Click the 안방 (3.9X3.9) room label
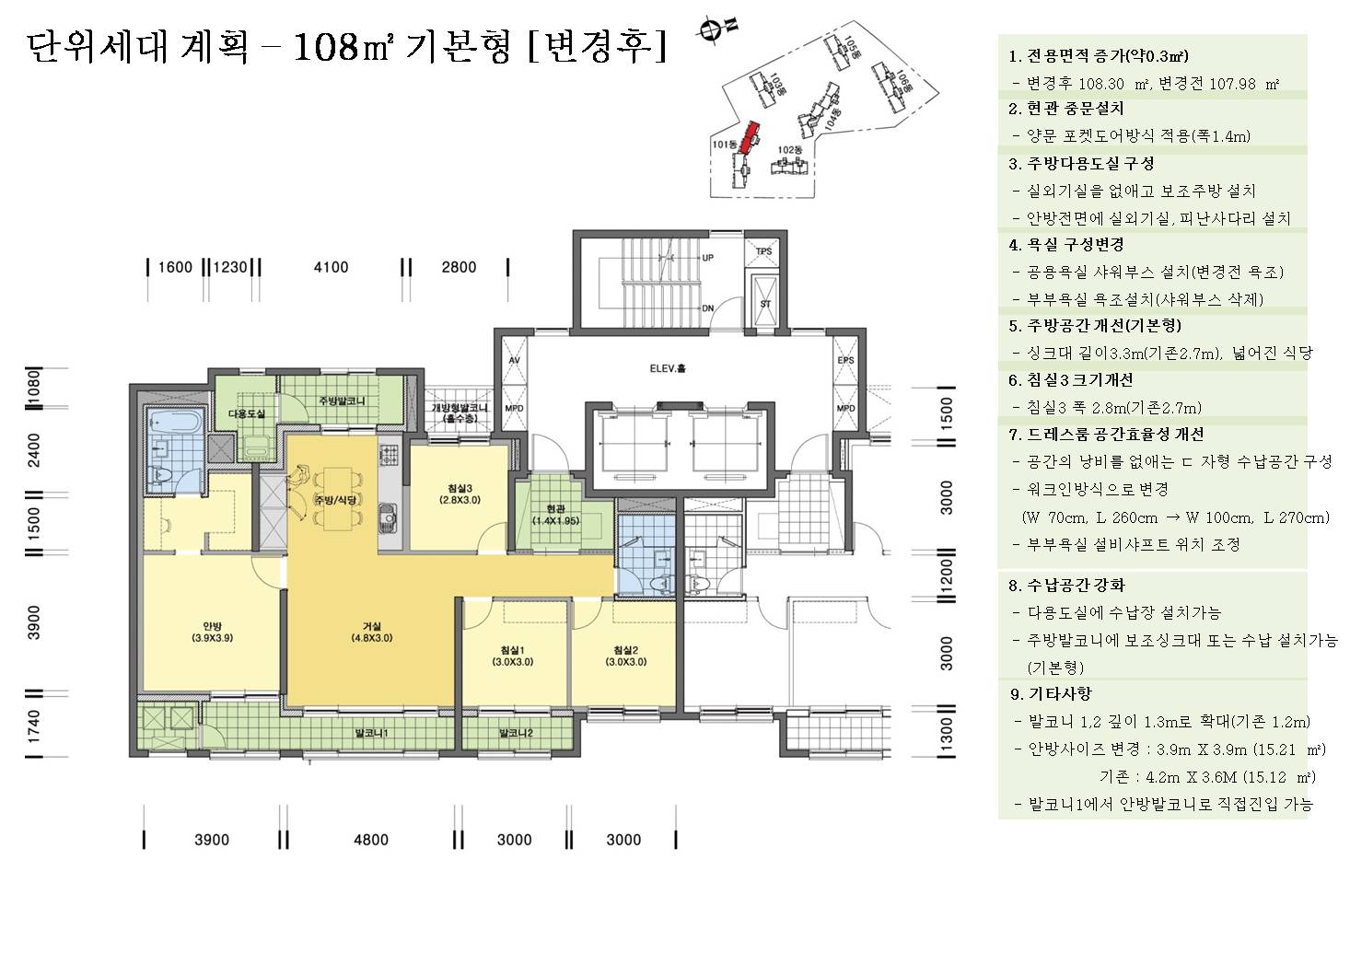coord(212,631)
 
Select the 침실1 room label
coord(513,655)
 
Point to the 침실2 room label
coord(626,655)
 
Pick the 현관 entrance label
coord(555,514)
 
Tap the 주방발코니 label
coord(342,401)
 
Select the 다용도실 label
coord(246,414)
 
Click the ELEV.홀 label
coord(668,369)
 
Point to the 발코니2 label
coord(517,733)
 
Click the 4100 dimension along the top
coord(331,267)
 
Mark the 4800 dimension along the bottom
coord(371,839)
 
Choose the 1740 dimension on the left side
coord(34,726)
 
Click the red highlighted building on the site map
coord(751,134)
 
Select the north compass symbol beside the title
coord(710,32)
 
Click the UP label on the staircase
coord(708,258)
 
